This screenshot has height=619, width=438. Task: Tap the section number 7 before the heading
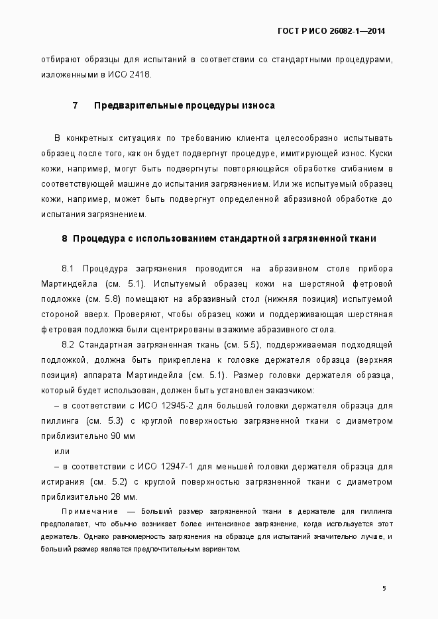75,105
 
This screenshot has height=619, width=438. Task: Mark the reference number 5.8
111,299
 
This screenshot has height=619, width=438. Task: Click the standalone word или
61,452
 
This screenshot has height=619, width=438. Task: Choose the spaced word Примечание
89,512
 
